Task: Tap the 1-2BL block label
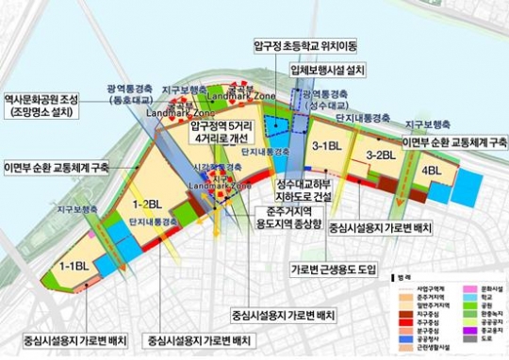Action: point(148,203)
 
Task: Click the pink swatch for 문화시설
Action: point(455,288)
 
